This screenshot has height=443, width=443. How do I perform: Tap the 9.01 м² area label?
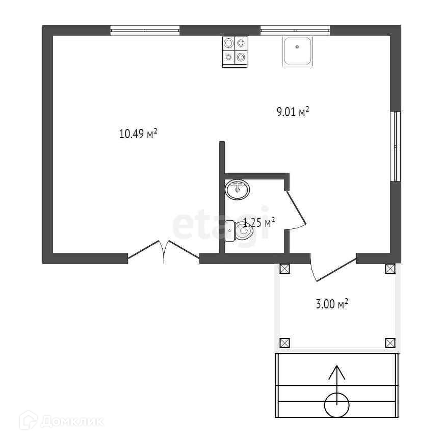click(293, 112)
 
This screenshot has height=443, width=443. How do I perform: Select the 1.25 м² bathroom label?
click(259, 222)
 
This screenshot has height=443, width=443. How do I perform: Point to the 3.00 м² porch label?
click(331, 304)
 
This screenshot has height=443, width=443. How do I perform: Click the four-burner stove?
click(234, 51)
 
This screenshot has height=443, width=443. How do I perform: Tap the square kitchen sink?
click(297, 51)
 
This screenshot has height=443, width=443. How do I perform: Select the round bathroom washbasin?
click(238, 190)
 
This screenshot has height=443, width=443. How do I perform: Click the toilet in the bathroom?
click(240, 231)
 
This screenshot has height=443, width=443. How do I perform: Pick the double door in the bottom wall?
click(163, 250)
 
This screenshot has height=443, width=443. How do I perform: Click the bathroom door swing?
click(296, 209)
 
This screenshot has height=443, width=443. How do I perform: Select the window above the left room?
click(145, 31)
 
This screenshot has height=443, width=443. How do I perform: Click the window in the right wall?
click(395, 146)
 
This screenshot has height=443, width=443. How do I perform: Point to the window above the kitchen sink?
click(295, 31)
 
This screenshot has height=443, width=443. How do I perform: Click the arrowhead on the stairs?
click(336, 372)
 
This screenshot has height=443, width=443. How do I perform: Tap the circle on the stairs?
click(337, 405)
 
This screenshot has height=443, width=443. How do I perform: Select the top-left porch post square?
click(284, 269)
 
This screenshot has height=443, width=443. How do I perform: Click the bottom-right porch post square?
click(390, 343)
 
